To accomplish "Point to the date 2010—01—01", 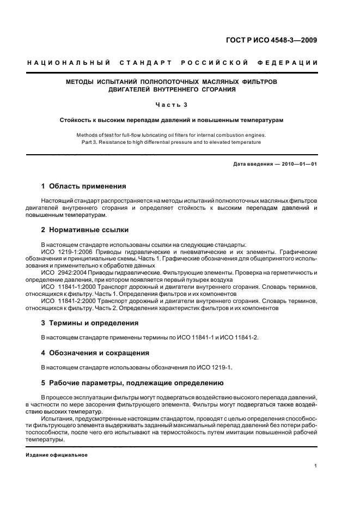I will click(298, 164).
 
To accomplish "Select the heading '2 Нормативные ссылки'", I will click(84, 230).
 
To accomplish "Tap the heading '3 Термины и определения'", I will click(90, 323).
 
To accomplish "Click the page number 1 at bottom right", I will click(316, 466).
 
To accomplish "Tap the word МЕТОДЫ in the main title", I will click(80, 81).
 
